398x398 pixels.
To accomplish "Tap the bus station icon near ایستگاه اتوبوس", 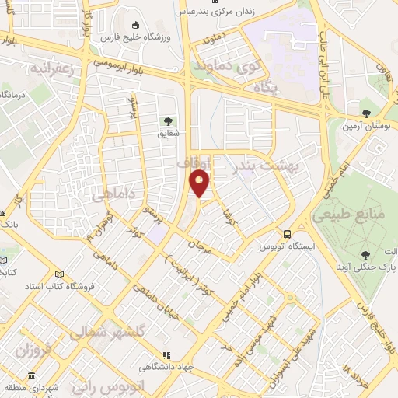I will point(288,233).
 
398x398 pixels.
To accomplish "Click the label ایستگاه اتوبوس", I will point(288,246).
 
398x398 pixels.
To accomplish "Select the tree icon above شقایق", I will point(167,120).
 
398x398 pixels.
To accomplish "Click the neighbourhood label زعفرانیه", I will point(52,68).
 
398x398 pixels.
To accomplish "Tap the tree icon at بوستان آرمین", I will point(365,113).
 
